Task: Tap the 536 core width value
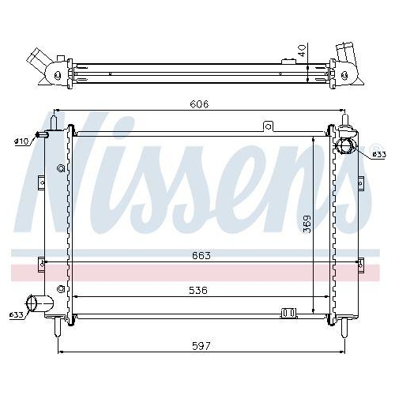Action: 197,290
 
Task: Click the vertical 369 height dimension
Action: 307,224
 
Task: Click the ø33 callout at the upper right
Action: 378,154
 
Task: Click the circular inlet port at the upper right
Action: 346,148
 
